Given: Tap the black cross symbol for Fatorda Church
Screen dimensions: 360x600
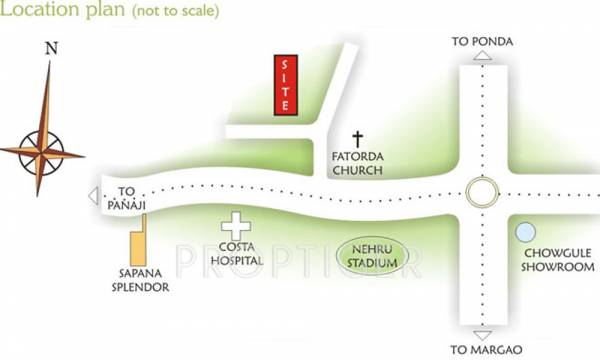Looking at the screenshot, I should [358, 139].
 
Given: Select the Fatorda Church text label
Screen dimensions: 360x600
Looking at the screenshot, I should [358, 163].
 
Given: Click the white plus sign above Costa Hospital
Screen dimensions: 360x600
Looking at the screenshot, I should [236, 226].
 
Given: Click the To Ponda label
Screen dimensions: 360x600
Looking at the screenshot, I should [482, 41].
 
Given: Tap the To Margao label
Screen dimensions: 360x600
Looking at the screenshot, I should [483, 349].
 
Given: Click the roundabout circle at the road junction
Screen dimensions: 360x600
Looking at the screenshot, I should [482, 191].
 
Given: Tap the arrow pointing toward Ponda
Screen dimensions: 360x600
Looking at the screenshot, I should [482, 57].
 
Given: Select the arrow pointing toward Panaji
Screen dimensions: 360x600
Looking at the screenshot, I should [93, 195].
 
